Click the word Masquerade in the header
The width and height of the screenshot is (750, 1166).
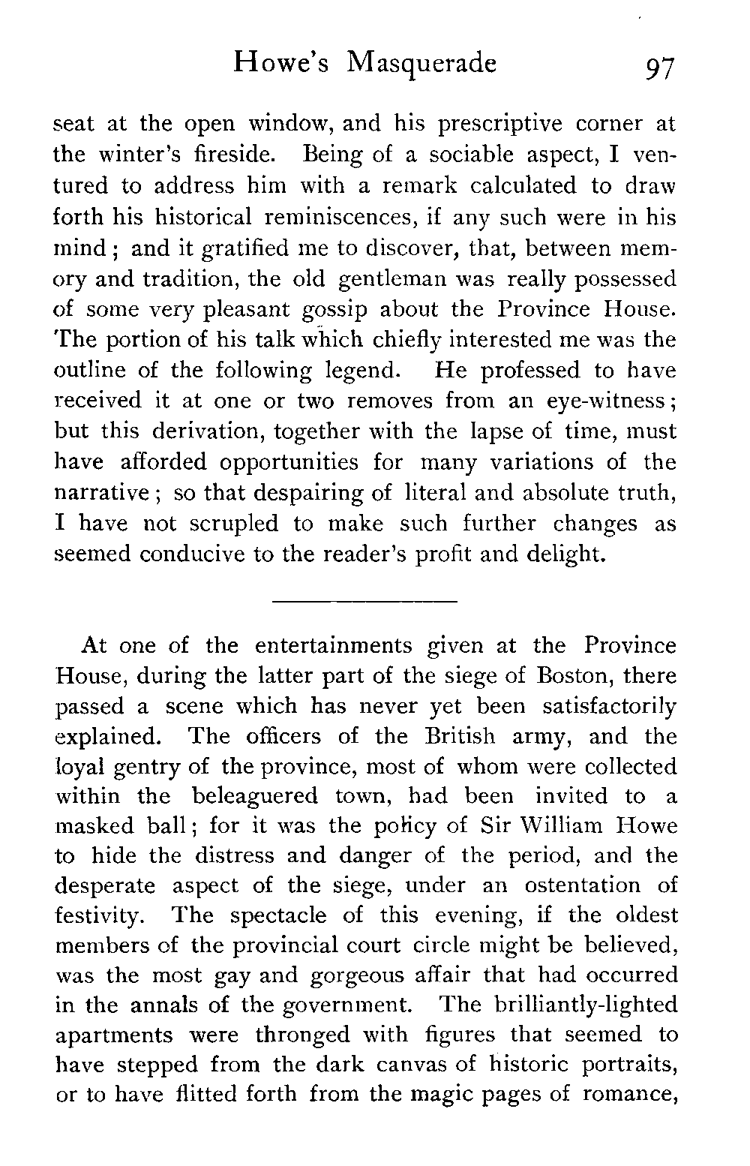pyautogui.click(x=421, y=65)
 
